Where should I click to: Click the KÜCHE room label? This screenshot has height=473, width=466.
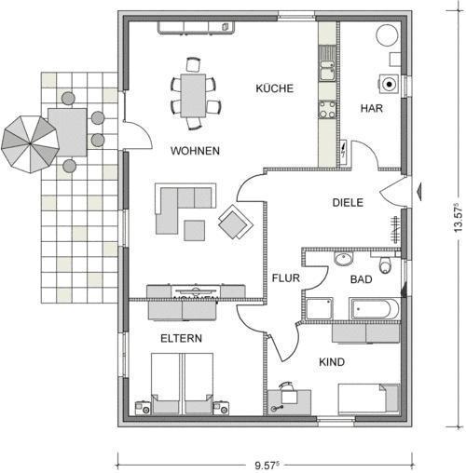(275, 88)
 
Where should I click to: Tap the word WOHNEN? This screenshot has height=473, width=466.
(195, 151)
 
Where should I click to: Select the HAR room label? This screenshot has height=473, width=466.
(372, 108)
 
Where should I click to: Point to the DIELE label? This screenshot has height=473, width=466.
(348, 203)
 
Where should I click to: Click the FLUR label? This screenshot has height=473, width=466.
(286, 278)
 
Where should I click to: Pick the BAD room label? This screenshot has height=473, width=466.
(361, 279)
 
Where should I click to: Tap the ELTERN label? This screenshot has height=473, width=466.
(181, 338)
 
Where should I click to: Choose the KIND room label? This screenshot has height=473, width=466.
(332, 362)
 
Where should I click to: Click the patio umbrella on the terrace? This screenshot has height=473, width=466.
(30, 144)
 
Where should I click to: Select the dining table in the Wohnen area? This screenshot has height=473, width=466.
(193, 96)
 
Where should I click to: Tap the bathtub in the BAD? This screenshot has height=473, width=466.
(375, 309)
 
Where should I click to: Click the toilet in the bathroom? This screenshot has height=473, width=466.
(385, 264)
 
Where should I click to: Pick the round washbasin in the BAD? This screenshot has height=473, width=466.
(344, 259)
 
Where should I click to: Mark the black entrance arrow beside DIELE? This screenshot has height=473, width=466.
(419, 192)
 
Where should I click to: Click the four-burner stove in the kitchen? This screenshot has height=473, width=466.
(327, 110)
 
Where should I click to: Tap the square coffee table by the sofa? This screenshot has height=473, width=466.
(194, 231)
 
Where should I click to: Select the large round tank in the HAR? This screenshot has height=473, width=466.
(387, 35)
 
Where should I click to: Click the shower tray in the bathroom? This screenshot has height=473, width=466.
(320, 309)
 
